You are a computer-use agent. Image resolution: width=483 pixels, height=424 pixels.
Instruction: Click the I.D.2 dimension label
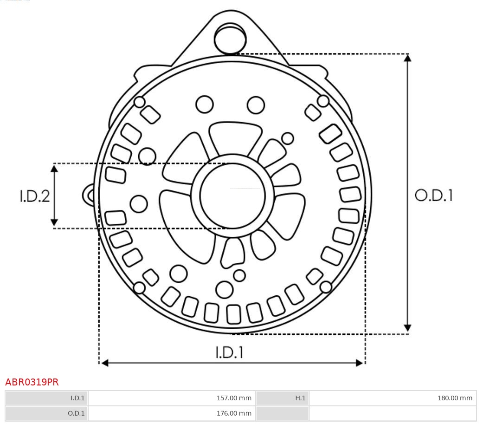pyautogui.click(x=35, y=196)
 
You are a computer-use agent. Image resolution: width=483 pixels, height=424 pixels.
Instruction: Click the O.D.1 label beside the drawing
pyautogui.click(x=434, y=196)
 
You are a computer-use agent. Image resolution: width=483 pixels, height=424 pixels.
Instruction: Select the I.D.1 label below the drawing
pyautogui.click(x=230, y=352)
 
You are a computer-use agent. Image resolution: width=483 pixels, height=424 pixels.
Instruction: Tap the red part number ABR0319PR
pyautogui.click(x=32, y=382)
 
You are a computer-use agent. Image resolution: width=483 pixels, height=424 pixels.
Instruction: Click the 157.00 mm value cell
pyautogui.click(x=172, y=398)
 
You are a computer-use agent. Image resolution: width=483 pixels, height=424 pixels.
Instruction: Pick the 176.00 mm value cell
pyautogui.click(x=172, y=413)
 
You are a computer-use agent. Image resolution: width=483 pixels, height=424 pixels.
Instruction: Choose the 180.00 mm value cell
pyautogui.click(x=393, y=398)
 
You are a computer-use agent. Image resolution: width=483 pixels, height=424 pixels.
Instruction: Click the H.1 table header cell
pyautogui.click(x=282, y=398)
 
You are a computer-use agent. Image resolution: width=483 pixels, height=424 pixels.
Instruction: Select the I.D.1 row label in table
pyautogui.click(x=46, y=398)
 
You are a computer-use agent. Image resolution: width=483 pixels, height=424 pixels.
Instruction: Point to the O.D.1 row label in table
pyautogui.click(x=46, y=413)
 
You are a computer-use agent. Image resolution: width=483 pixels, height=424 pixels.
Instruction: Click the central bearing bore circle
pyautogui.click(x=232, y=196)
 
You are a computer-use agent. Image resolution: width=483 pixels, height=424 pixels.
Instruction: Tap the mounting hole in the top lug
pyautogui.click(x=231, y=38)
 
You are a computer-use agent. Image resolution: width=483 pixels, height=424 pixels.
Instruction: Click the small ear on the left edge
pyautogui.click(x=88, y=195)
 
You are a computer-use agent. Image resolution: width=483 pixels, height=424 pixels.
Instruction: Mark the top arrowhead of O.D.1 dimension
pyautogui.click(x=407, y=58)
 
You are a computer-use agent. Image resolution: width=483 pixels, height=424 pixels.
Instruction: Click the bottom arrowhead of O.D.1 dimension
pyautogui.click(x=407, y=328)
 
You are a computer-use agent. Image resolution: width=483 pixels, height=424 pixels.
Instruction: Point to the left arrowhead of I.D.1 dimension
pyautogui.click(x=105, y=363)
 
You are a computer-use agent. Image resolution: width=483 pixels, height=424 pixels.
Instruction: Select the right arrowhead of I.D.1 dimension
pyautogui.click(x=360, y=363)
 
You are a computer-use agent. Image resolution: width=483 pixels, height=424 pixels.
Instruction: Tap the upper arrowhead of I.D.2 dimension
pyautogui.click(x=54, y=168)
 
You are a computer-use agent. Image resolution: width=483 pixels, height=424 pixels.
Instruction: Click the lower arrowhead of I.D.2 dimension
pyautogui.click(x=54, y=222)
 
